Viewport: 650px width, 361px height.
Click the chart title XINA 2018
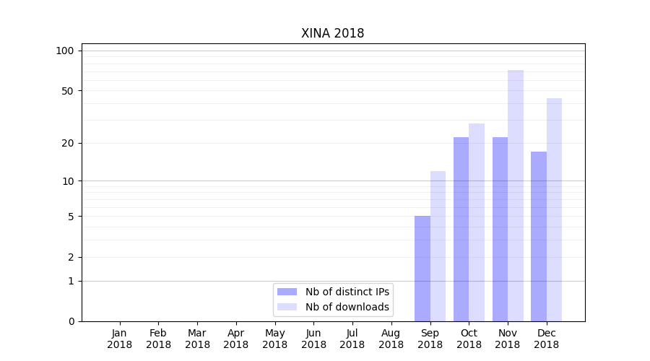pyautogui.click(x=332, y=33)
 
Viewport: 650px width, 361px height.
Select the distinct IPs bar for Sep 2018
pyautogui.click(x=422, y=269)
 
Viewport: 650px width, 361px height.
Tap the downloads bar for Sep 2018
pyautogui.click(x=438, y=246)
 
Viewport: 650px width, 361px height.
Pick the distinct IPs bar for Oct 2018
pyautogui.click(x=461, y=229)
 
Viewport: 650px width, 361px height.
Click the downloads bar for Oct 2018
pyautogui.click(x=477, y=222)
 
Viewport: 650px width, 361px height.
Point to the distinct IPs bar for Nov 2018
pyautogui.click(x=500, y=229)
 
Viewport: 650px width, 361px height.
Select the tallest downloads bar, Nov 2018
pyautogui.click(x=516, y=196)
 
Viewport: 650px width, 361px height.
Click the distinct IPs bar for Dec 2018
pyautogui.click(x=539, y=236)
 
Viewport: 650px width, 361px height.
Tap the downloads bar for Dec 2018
pyautogui.click(x=554, y=209)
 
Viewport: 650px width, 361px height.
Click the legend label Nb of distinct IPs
pyautogui.click(x=347, y=292)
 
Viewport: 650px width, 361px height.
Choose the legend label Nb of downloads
pyautogui.click(x=347, y=307)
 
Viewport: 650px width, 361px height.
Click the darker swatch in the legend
pyautogui.click(x=287, y=292)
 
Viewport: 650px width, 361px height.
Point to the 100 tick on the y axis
pyautogui.click(x=65, y=51)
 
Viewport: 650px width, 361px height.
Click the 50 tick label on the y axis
pyautogui.click(x=67, y=91)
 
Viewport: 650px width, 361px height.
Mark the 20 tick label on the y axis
pyautogui.click(x=67, y=143)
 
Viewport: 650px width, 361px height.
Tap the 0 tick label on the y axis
pyautogui.click(x=71, y=321)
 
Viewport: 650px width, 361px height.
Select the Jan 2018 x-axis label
pyautogui.click(x=120, y=339)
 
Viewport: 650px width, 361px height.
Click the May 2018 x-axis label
pyautogui.click(x=274, y=339)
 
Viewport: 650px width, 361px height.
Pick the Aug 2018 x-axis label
pyautogui.click(x=391, y=339)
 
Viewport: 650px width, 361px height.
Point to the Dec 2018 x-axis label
pyautogui.click(x=546, y=339)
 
